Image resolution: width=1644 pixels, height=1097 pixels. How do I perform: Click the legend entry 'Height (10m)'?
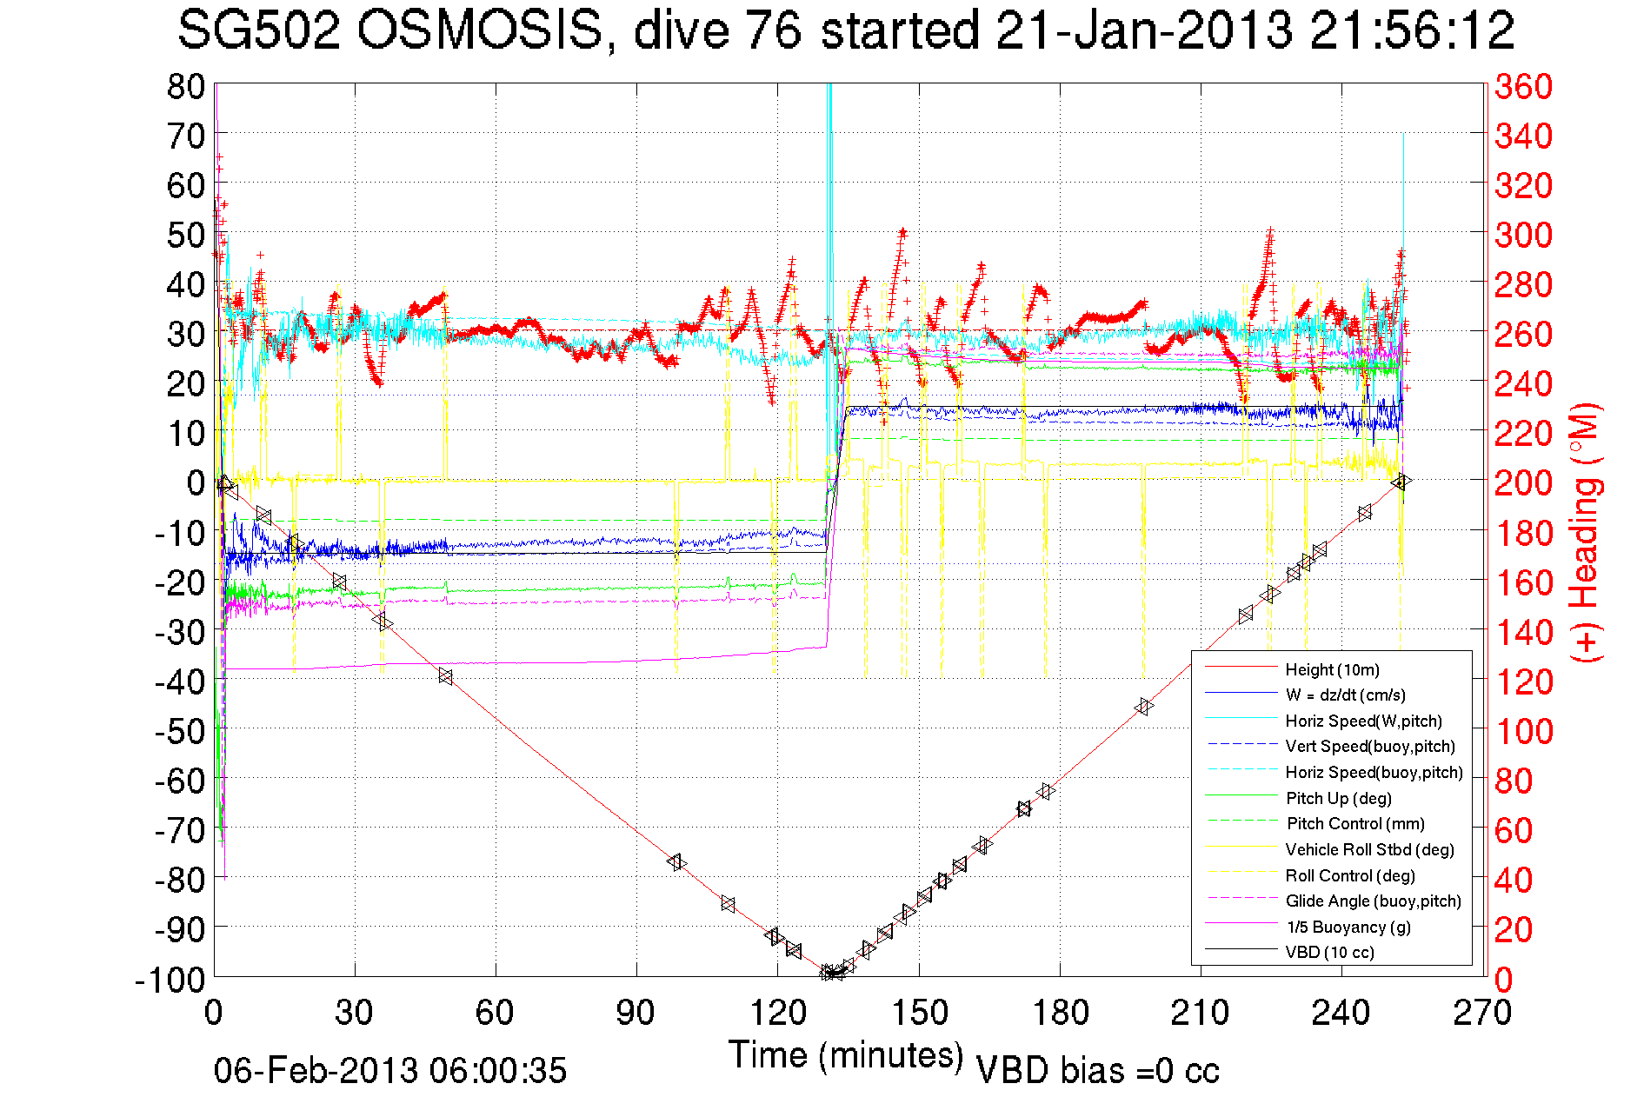click(x=1332, y=669)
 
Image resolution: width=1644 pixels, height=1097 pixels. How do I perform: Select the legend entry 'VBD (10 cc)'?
click(x=1329, y=952)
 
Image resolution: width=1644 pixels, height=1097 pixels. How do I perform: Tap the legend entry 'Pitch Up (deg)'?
click(x=1338, y=798)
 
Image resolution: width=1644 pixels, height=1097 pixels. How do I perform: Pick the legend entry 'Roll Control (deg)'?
click(x=1349, y=875)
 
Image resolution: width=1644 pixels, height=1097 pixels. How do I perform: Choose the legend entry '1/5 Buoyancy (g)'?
click(x=1348, y=927)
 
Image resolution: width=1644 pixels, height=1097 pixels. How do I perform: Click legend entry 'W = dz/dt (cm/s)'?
click(x=1345, y=695)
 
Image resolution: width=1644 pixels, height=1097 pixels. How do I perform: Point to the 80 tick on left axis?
click(x=185, y=86)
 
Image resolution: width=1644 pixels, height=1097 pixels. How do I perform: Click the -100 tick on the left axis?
click(x=170, y=980)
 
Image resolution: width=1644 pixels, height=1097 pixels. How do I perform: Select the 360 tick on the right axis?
click(x=1523, y=86)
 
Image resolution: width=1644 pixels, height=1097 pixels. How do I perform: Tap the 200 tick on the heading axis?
click(x=1523, y=482)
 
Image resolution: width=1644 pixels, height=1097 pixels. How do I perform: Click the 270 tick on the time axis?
click(x=1481, y=1013)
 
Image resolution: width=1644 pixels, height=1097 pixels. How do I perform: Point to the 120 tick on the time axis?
click(x=777, y=1013)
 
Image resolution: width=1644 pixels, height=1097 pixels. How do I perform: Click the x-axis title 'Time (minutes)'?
click(x=845, y=1054)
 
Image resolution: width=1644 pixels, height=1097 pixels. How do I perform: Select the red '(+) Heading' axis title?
click(x=1584, y=532)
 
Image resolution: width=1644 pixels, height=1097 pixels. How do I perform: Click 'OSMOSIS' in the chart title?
click(x=480, y=31)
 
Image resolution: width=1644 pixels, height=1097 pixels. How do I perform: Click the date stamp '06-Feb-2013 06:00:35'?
click(x=390, y=1070)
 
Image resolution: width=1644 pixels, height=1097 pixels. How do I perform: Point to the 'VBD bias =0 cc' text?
click(x=1097, y=1070)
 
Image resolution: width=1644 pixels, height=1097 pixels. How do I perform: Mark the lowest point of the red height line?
click(x=832, y=973)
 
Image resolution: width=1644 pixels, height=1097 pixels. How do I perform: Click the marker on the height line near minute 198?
click(x=1144, y=707)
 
